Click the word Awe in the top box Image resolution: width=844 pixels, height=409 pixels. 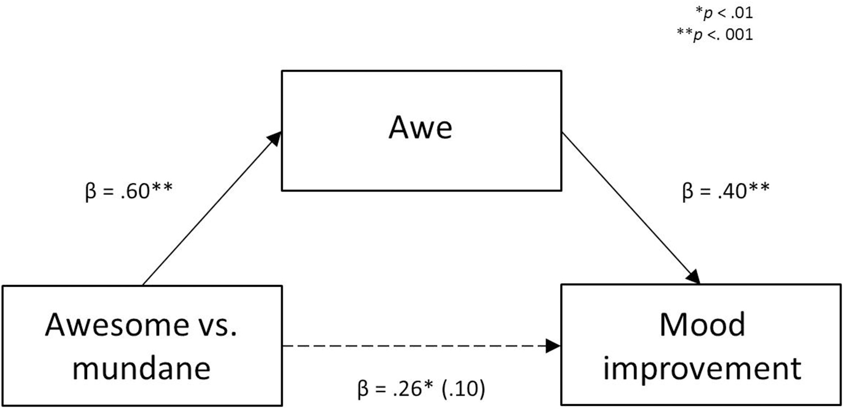tap(420, 128)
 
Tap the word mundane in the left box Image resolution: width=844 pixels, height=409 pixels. tap(141, 369)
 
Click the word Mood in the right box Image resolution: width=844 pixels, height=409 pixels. tap(702, 325)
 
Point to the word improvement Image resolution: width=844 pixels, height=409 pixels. tap(702, 369)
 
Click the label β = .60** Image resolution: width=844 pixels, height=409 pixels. tap(129, 191)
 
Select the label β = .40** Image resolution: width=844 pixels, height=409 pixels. tap(726, 191)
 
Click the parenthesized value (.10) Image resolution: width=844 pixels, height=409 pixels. tap(463, 389)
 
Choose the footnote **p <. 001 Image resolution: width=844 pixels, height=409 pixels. tap(715, 35)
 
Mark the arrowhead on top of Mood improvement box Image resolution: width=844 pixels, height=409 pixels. tap(694, 277)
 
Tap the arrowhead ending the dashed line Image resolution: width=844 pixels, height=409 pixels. tap(553, 346)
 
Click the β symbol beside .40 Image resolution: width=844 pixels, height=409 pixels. tap(687, 192)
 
